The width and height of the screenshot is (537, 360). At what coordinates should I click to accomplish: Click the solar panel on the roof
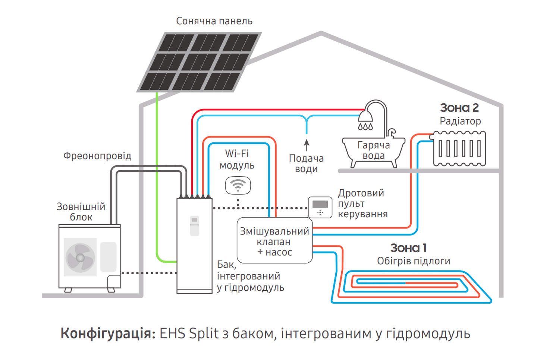pyautogui.click(x=199, y=62)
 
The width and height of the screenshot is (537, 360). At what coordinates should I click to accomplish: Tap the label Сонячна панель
pyautogui.click(x=214, y=21)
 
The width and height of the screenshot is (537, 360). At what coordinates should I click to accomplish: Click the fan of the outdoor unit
pyautogui.click(x=80, y=257)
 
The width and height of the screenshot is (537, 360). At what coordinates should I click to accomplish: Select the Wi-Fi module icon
pyautogui.click(x=238, y=185)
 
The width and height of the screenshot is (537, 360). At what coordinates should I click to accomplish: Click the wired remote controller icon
pyautogui.click(x=320, y=207)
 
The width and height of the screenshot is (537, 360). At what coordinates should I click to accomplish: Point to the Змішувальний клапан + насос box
pyautogui.click(x=275, y=241)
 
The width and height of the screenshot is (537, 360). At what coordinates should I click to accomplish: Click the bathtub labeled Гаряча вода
pyautogui.click(x=373, y=151)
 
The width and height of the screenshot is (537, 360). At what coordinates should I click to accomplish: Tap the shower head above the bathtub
pyautogui.click(x=365, y=116)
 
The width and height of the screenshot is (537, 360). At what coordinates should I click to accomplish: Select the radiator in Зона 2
pyautogui.click(x=459, y=148)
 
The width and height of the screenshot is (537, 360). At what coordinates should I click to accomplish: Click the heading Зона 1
pyautogui.click(x=408, y=248)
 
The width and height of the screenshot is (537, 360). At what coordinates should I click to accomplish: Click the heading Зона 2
pyautogui.click(x=459, y=108)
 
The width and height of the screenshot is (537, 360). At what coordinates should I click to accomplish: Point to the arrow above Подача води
pyautogui.click(x=307, y=145)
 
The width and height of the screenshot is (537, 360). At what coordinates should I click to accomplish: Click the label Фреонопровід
pyautogui.click(x=97, y=156)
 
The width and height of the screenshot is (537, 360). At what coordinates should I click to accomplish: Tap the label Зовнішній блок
pyautogui.click(x=81, y=212)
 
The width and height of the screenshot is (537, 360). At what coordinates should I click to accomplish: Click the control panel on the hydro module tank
pyautogui.click(x=194, y=226)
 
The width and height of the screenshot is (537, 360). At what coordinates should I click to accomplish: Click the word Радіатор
pyautogui.click(x=460, y=121)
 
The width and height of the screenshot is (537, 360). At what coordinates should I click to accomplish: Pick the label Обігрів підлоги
pyautogui.click(x=413, y=261)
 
